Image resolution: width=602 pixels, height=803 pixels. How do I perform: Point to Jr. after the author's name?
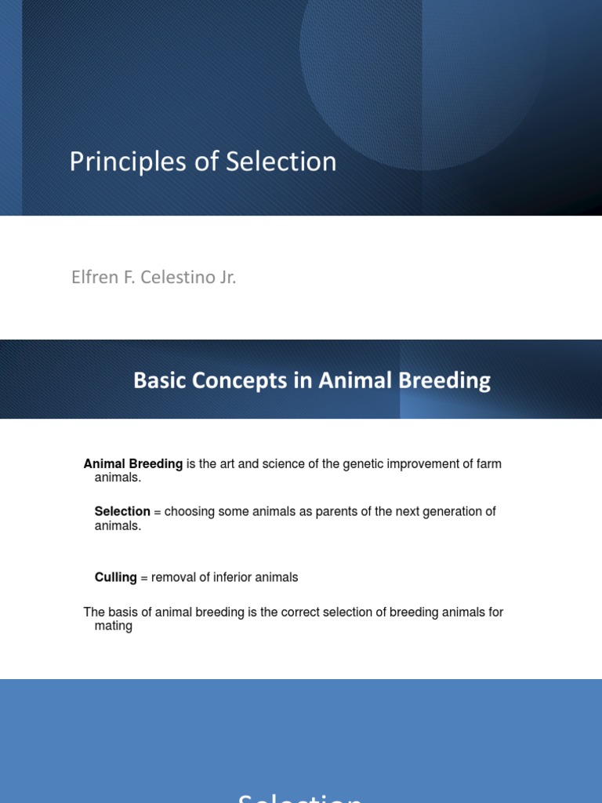point(226,278)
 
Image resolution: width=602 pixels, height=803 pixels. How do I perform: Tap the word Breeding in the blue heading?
point(446,381)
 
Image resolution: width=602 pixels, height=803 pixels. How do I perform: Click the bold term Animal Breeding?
point(133,464)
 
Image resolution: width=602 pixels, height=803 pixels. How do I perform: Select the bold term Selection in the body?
point(122,511)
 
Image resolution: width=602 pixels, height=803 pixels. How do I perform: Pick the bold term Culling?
point(115,577)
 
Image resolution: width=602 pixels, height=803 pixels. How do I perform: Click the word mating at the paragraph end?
point(114,627)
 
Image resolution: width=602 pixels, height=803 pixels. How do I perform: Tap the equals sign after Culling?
point(143,577)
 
